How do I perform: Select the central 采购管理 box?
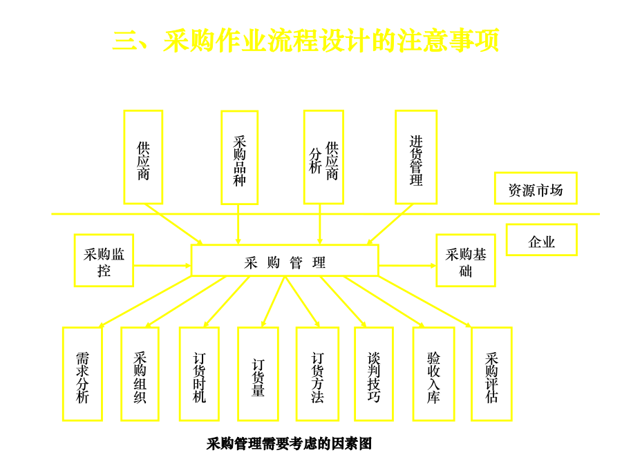[285, 260]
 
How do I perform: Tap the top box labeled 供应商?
[143, 157]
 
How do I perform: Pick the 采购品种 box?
[239, 158]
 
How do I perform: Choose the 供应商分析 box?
[323, 157]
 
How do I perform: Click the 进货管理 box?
[416, 157]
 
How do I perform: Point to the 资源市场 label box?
[536, 188]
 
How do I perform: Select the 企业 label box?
[541, 240]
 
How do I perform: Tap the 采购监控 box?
[104, 260]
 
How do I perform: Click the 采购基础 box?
[466, 260]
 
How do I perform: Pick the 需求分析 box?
[82, 373]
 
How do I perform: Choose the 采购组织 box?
[140, 373]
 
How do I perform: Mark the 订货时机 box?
[199, 373]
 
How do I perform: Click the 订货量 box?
[258, 373]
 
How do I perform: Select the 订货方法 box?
[317, 373]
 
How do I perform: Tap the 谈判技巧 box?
[374, 373]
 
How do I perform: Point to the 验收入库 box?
[433, 373]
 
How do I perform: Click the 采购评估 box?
[491, 373]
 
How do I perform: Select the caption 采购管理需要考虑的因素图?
[290, 444]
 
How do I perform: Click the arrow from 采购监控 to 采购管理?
[162, 265]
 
